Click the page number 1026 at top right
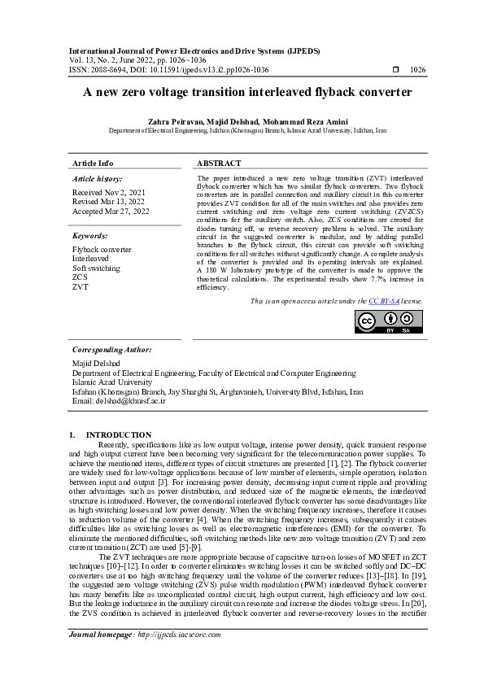pyautogui.click(x=417, y=70)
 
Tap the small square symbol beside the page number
pyautogui.click(x=395, y=70)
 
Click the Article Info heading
pyautogui.click(x=93, y=164)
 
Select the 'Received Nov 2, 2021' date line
pyautogui.click(x=110, y=192)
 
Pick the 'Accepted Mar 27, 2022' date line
pyautogui.click(x=111, y=212)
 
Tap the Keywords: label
pyautogui.click(x=92, y=235)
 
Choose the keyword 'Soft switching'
pyautogui.click(x=96, y=268)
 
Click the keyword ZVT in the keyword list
pyautogui.click(x=80, y=287)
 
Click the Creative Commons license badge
pyautogui.click(x=389, y=321)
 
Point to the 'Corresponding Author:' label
pyautogui.click(x=112, y=349)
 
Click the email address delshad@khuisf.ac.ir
pyautogui.click(x=120, y=401)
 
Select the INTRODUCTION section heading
pyautogui.click(x=119, y=435)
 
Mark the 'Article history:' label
pyautogui.click(x=98, y=177)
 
